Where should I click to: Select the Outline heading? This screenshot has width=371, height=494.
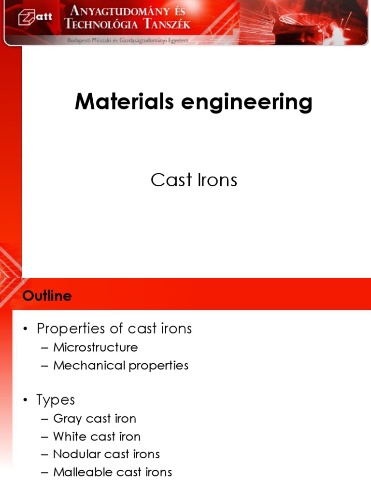pyautogui.click(x=47, y=296)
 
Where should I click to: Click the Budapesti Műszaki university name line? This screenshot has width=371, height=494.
pyautogui.click(x=128, y=41)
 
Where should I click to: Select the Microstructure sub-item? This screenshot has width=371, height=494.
pyautogui.click(x=95, y=347)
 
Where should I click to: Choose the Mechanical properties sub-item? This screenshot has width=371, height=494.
pyautogui.click(x=121, y=365)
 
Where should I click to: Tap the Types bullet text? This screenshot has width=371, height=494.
pyautogui.click(x=56, y=400)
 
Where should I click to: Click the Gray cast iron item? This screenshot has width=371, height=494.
pyautogui.click(x=95, y=418)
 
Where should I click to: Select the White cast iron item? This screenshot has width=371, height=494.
pyautogui.click(x=97, y=436)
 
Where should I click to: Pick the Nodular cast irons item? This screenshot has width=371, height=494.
pyautogui.click(x=106, y=454)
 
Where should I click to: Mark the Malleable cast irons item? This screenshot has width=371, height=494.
pyautogui.click(x=112, y=472)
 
